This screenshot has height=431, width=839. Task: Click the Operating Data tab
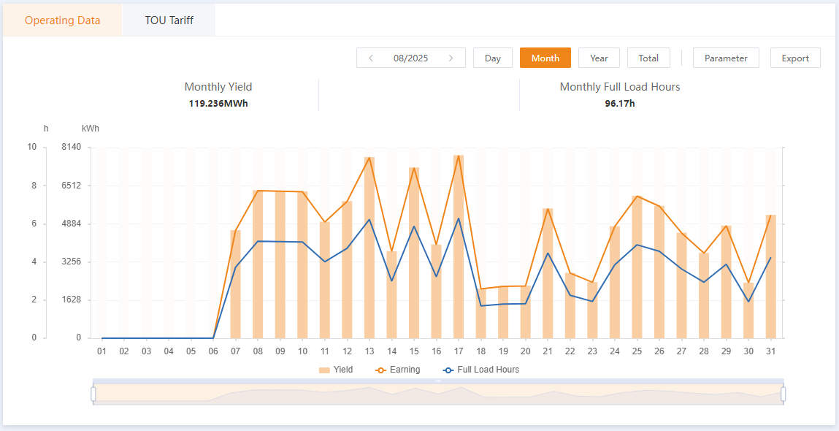(x=62, y=20)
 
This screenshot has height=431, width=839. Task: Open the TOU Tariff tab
(x=169, y=20)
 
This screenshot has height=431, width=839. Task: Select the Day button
(x=493, y=58)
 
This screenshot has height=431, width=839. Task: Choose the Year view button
(x=599, y=58)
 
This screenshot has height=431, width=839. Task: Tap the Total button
(x=648, y=58)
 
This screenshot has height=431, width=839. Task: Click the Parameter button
(x=726, y=58)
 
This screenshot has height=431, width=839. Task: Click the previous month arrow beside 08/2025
(x=371, y=58)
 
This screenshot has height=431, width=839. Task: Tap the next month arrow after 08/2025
(x=451, y=58)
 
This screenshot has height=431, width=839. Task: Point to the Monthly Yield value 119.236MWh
(x=218, y=103)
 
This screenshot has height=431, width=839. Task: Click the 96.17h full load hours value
(x=620, y=103)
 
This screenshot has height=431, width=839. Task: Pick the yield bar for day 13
(x=369, y=248)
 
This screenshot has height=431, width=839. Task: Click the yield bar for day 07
(x=236, y=284)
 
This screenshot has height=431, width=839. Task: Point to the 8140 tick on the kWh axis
(x=72, y=147)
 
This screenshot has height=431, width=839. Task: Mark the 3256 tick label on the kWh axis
(x=72, y=262)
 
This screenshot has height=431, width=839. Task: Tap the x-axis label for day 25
(x=637, y=351)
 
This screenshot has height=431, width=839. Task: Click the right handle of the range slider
(x=784, y=394)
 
